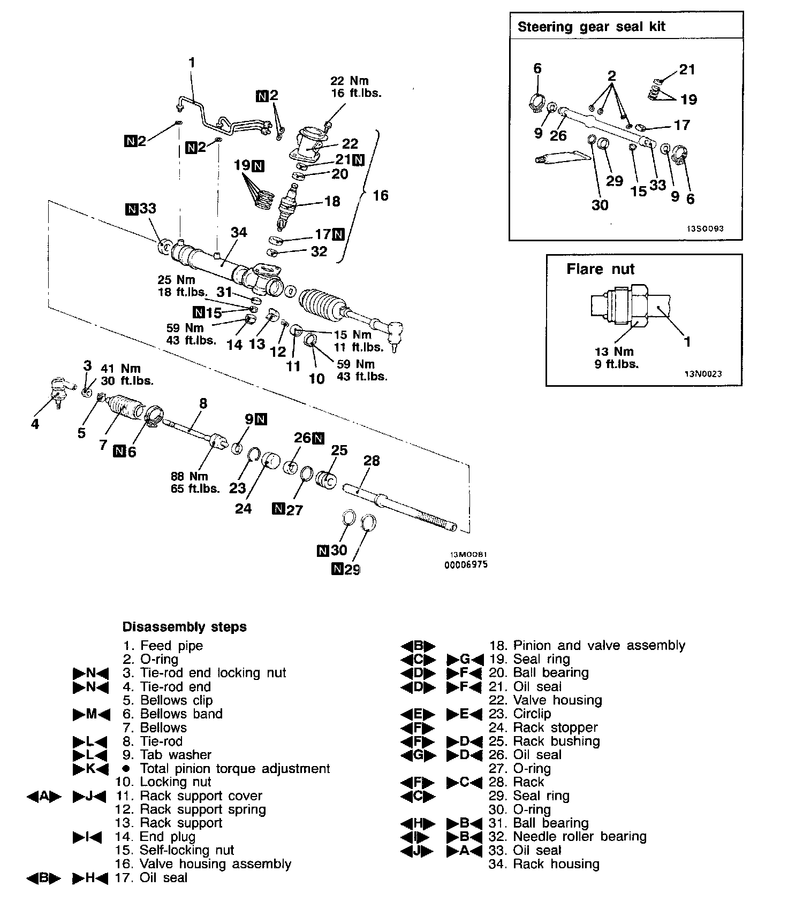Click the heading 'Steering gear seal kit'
[x=591, y=27]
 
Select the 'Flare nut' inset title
[x=600, y=269]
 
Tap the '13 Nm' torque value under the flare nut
[x=614, y=351]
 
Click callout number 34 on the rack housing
[x=239, y=232]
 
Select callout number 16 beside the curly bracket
[x=380, y=195]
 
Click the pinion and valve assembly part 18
[x=289, y=206]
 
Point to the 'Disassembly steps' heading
[x=185, y=626]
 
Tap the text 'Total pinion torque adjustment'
[x=234, y=768]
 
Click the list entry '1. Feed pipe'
[x=163, y=646]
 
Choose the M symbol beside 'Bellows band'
[x=91, y=714]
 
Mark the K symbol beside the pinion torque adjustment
[x=90, y=769]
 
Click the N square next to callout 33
[x=131, y=209]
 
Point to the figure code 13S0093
[x=706, y=228]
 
